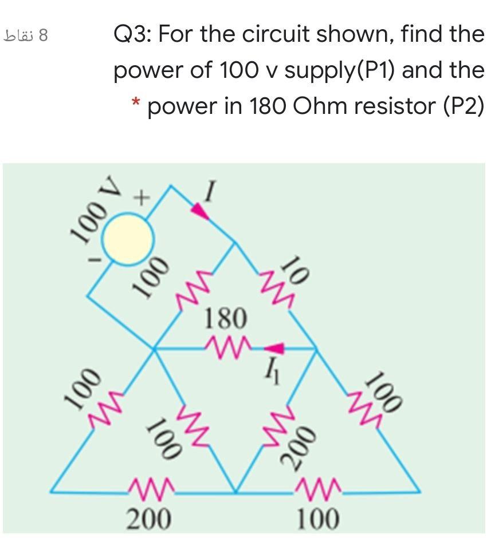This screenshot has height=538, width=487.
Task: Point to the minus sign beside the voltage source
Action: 99,261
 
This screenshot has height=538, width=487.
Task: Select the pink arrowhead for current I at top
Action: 200,211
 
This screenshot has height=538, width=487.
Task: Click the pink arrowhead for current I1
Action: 276,347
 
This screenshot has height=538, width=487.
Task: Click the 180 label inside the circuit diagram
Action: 226,317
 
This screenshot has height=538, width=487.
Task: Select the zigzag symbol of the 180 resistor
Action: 226,345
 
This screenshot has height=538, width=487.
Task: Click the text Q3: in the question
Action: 132,35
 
